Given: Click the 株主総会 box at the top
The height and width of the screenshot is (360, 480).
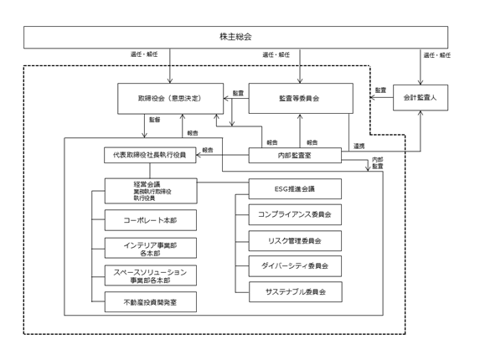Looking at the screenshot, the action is tap(235, 37).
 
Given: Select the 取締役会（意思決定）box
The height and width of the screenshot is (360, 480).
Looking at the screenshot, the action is tap(171, 99).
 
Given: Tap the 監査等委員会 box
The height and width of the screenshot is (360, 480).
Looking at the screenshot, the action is tap(301, 98).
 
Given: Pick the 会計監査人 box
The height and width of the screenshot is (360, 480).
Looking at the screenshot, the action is tap(421, 98).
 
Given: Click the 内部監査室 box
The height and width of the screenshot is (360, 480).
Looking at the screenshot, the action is tap(295, 156).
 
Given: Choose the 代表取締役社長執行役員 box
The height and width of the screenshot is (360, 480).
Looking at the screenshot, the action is tap(150, 155).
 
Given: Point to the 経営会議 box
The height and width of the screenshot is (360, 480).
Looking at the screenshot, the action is tap(151, 191).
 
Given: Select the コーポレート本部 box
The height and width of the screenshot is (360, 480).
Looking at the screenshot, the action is tap(150, 220).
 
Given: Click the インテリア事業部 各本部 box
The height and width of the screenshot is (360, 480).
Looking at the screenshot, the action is tap(150, 248).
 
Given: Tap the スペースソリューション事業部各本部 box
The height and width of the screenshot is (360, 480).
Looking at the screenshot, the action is tap(150, 275).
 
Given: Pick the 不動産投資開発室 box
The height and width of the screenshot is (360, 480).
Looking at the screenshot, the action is tap(150, 302).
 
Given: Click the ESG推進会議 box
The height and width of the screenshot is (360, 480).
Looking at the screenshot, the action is tap(295, 188).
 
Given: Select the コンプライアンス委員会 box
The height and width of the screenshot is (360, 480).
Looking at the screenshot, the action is tap(295, 214).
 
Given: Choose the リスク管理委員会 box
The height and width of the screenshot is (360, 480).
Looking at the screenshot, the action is tap(295, 241).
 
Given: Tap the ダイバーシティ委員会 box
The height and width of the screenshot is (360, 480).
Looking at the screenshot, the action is tap(295, 266).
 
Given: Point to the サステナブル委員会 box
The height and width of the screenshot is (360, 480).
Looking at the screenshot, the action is tap(296, 292).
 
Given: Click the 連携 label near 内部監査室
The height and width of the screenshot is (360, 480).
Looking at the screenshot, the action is tap(359, 147).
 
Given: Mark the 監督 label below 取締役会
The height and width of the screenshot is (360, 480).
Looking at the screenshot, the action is tap(155, 120).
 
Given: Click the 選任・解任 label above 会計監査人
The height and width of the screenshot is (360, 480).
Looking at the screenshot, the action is tap(437, 55).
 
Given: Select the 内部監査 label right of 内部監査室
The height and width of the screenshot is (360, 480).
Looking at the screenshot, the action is tap(378, 163).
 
